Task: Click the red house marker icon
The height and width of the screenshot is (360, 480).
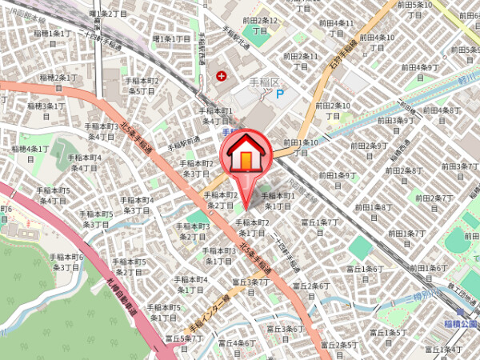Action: click(x=246, y=154)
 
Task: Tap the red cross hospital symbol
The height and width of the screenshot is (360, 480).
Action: click(x=221, y=77)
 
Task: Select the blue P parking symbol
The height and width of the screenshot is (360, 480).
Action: click(x=280, y=94)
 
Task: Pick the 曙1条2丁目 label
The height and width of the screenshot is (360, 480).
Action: click(x=108, y=14)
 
